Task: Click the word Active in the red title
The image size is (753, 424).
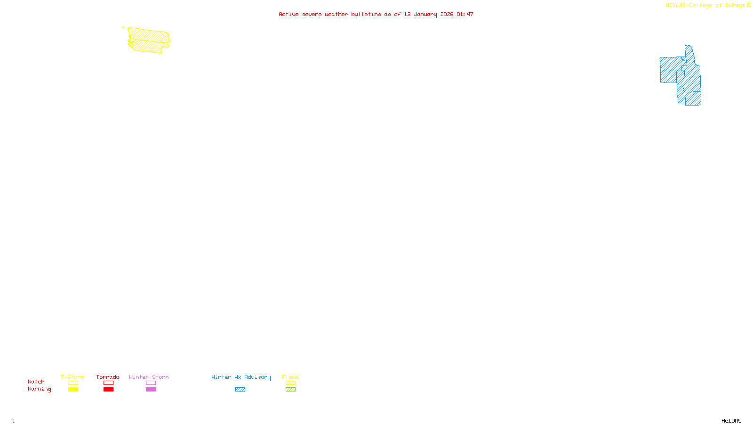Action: tap(288, 14)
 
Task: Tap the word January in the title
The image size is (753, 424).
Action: tap(425, 14)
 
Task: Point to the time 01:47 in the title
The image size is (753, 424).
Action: tap(465, 14)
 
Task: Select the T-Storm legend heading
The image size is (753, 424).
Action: tap(72, 377)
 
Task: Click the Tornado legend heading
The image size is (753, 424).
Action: tap(108, 377)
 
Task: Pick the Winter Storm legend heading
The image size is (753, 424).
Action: tap(149, 377)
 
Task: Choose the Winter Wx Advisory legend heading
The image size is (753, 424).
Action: tap(241, 377)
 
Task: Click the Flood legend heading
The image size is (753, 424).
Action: tap(290, 377)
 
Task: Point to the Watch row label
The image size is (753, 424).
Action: tap(36, 382)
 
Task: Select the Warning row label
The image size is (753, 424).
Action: tap(40, 389)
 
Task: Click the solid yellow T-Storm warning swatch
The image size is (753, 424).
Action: tap(73, 390)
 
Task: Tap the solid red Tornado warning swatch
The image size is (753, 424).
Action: tap(108, 390)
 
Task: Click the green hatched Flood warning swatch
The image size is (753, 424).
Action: tap(290, 390)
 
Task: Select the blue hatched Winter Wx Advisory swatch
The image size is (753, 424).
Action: tap(240, 390)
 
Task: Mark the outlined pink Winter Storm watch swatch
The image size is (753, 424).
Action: tap(151, 383)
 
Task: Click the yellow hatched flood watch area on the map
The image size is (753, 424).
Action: tap(149, 40)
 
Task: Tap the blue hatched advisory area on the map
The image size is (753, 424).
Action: tap(687, 80)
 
